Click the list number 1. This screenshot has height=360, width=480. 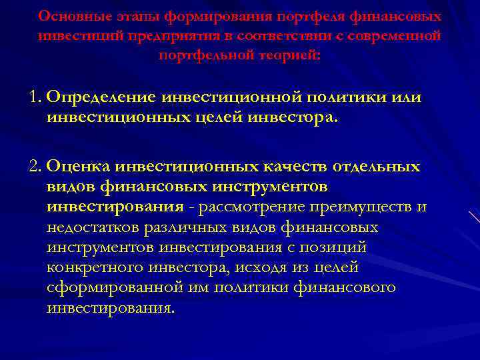[x=35, y=97]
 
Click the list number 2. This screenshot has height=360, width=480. [x=35, y=167]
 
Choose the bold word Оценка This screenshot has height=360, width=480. [x=81, y=167]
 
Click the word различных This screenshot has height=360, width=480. [x=197, y=228]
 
